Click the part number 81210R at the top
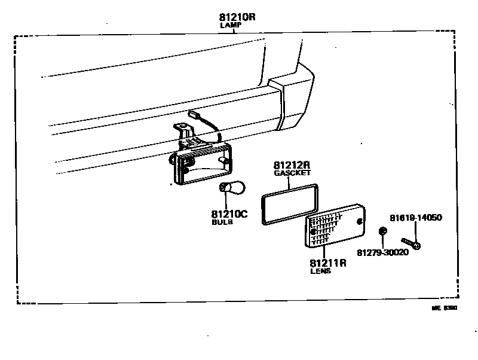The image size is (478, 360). [x=237, y=17]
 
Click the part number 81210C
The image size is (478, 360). [x=229, y=213]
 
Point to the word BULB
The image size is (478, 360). [x=222, y=222]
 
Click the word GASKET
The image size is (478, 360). [x=292, y=173]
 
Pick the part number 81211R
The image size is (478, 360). [x=328, y=262]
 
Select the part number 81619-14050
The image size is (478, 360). [x=416, y=218]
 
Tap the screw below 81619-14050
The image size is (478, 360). [x=412, y=243]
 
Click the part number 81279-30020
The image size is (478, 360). [x=382, y=252]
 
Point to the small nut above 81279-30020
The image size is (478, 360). [x=383, y=231]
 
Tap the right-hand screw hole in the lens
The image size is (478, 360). [x=360, y=222]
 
